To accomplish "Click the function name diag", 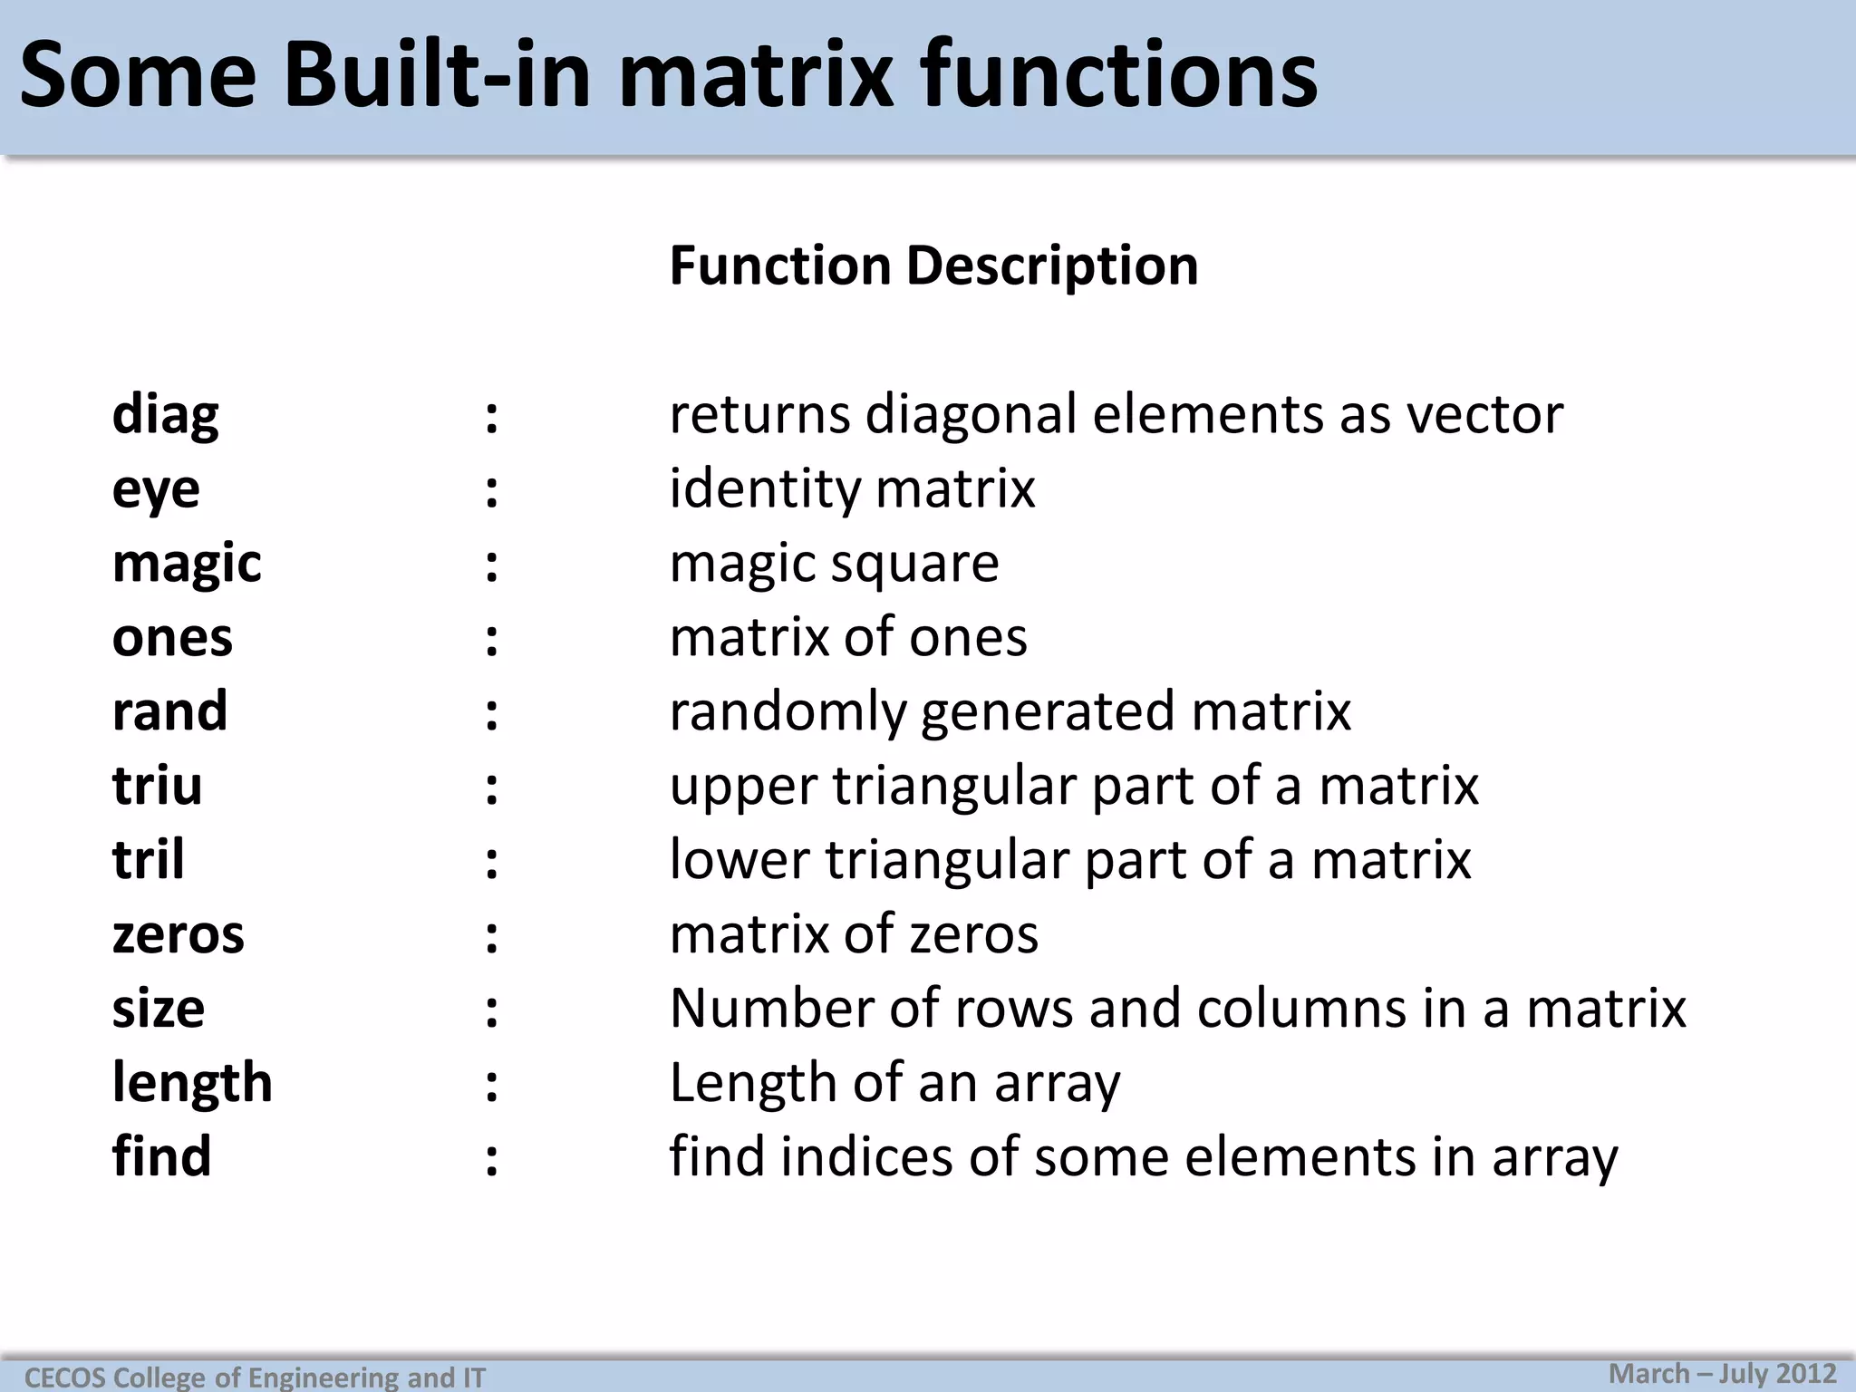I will point(165,416).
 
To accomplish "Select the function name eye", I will point(156,490).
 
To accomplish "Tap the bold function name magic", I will point(187,565).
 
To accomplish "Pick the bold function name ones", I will point(172,638).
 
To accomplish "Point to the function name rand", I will point(169,711).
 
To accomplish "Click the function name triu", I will point(157,786).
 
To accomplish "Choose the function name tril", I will point(148,860).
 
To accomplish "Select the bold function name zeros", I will point(178,934).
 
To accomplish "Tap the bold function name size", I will point(159,1009).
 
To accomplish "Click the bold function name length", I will point(192,1083).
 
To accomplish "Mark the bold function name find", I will point(161,1157).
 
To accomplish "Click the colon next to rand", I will point(491,713).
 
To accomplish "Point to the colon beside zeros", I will point(491,936).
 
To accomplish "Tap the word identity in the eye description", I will point(765,489).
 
